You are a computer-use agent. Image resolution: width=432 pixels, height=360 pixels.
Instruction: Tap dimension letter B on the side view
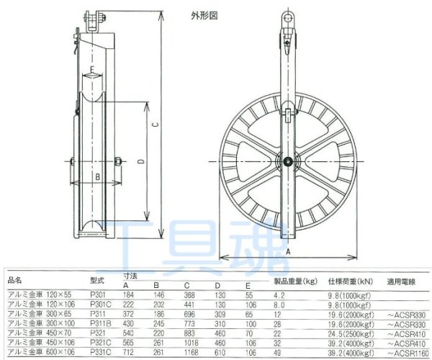[96, 175]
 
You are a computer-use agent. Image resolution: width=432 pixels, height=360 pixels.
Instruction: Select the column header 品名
[15, 281]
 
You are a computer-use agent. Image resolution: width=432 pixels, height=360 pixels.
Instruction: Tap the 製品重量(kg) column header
[297, 281]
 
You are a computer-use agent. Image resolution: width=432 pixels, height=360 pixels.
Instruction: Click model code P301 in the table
[98, 294]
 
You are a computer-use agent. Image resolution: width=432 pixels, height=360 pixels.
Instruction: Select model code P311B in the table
[99, 325]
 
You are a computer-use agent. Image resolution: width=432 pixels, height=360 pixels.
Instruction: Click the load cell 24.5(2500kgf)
[350, 335]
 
